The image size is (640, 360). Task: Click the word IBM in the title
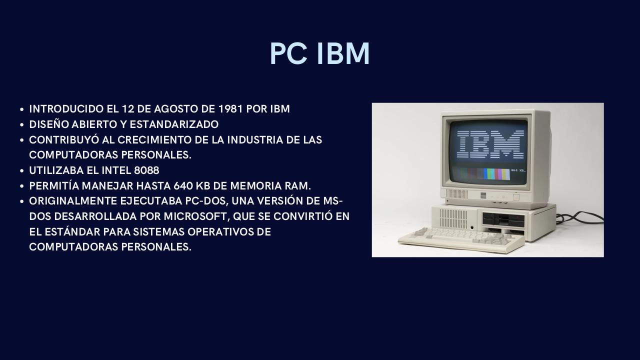click(x=343, y=54)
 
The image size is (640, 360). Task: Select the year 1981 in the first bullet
click(x=231, y=109)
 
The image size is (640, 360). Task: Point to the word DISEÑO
click(x=48, y=124)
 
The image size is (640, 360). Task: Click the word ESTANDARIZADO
click(x=174, y=124)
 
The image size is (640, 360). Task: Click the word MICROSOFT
click(x=192, y=216)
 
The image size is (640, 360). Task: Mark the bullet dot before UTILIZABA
click(x=22, y=171)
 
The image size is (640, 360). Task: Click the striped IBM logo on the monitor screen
click(x=490, y=144)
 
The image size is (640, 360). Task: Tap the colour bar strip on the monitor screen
click(x=482, y=174)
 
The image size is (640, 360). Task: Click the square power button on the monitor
click(x=515, y=197)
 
